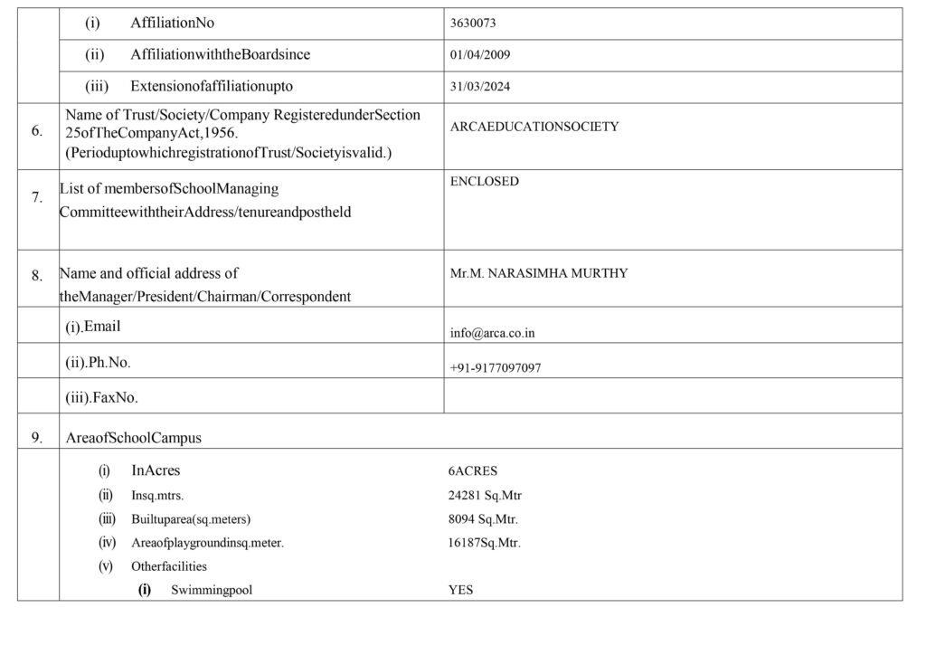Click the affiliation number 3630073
click(x=472, y=24)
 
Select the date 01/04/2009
click(x=480, y=55)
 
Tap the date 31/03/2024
click(x=480, y=87)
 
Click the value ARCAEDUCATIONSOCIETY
click(x=534, y=127)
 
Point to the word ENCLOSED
click(x=485, y=181)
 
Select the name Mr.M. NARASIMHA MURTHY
click(x=539, y=273)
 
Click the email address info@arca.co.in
click(x=492, y=333)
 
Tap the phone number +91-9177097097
click(x=496, y=368)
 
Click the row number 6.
click(x=37, y=130)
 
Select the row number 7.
click(x=37, y=197)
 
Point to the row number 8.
click(x=37, y=277)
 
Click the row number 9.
click(x=37, y=438)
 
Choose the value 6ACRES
click(x=473, y=471)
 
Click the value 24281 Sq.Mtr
click(x=485, y=496)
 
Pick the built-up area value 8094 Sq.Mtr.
click(x=483, y=519)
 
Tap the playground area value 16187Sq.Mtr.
click(x=485, y=543)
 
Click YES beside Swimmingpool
click(x=460, y=591)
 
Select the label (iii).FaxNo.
click(x=101, y=397)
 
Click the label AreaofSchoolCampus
click(x=134, y=438)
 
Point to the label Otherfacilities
click(x=169, y=566)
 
